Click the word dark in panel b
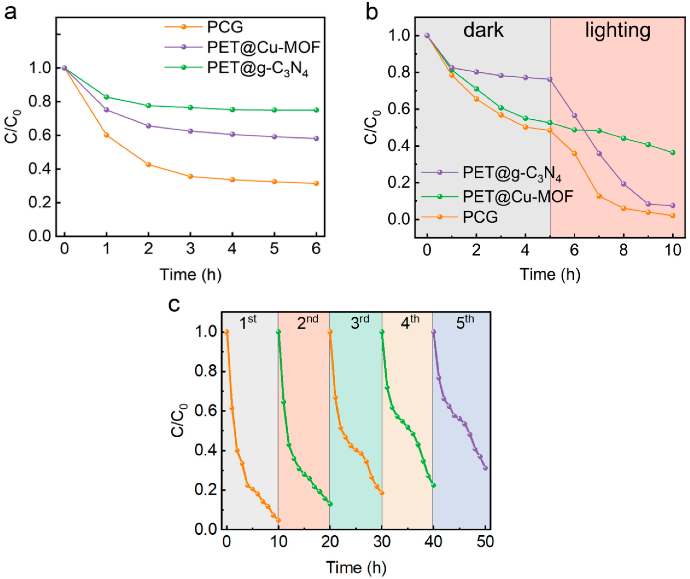483,30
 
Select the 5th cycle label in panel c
465,322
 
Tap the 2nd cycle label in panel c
307,322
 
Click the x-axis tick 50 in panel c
485,542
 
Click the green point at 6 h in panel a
316,110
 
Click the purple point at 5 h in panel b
550,79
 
